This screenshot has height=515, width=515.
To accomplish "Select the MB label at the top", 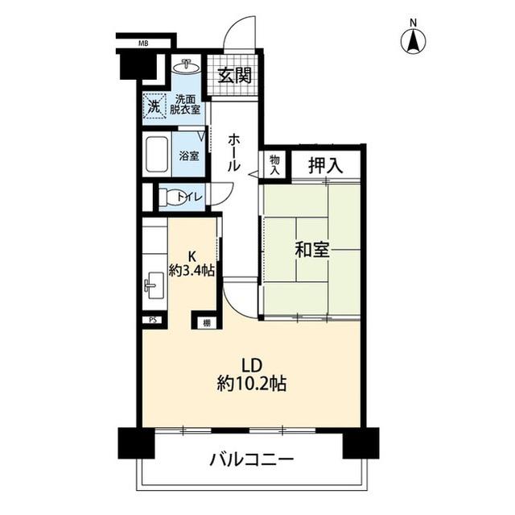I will [x=143, y=44].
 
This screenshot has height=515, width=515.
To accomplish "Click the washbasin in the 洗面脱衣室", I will [x=187, y=66].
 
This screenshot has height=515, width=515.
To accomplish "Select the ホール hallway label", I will [x=233, y=152].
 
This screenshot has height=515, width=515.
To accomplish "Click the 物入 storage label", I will [x=274, y=165].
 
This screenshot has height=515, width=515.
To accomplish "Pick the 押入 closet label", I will [x=325, y=166].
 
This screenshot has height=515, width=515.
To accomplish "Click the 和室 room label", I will [x=311, y=251].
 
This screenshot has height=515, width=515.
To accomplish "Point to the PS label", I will [x=152, y=320].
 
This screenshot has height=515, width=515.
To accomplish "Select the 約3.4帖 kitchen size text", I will [x=192, y=270].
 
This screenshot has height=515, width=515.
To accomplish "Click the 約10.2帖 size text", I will [x=251, y=384].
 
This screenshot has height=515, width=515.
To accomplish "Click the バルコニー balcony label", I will [x=251, y=461].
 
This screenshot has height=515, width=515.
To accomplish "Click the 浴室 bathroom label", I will [x=189, y=156].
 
